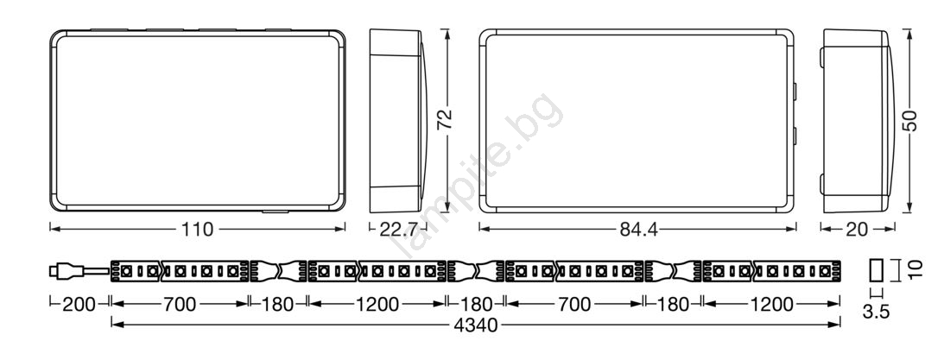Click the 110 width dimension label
pos(197,229)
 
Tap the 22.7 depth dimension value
pos(398,230)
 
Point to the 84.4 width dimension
pos(637,230)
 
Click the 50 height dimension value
pos(910,120)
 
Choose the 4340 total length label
pos(476,325)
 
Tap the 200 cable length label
pos(79,304)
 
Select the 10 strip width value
pos(915,269)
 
